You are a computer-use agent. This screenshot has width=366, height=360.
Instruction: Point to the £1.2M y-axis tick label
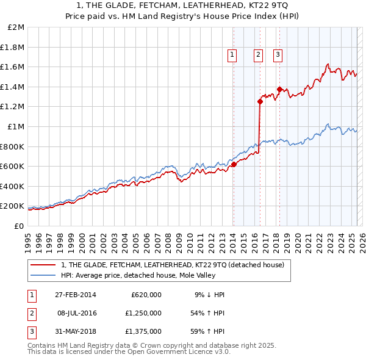[x=13, y=107]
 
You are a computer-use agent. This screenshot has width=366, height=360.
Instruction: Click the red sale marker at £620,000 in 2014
[x=234, y=164]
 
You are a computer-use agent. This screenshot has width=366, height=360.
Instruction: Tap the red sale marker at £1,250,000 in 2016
[x=260, y=102]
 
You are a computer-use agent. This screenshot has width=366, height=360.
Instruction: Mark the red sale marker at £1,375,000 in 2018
[x=279, y=90]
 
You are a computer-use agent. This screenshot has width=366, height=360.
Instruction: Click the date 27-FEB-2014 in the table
[x=75, y=295]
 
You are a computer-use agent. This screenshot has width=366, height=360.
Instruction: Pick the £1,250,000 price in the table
[x=146, y=313]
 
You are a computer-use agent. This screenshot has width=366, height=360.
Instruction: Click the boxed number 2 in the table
[x=31, y=313]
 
